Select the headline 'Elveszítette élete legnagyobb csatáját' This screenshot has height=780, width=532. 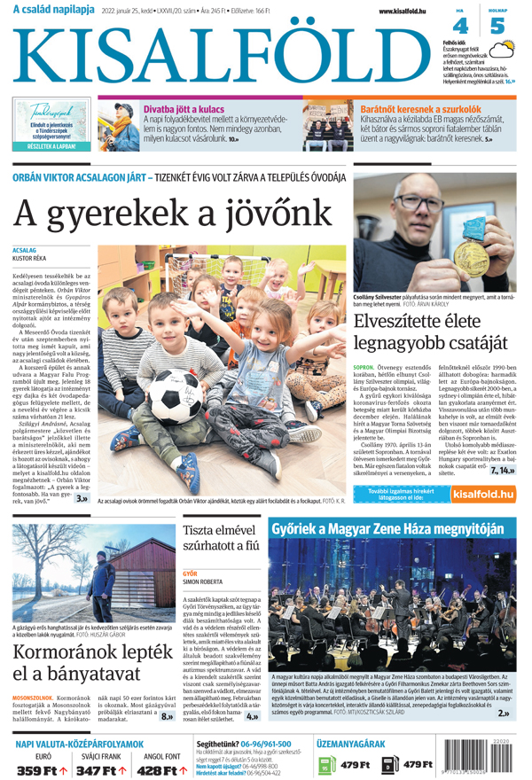pos(430,330)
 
